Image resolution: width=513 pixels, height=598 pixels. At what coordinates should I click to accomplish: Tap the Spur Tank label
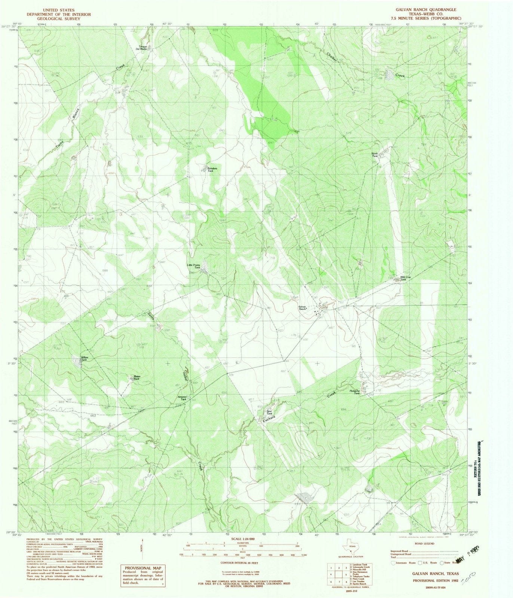(268, 413)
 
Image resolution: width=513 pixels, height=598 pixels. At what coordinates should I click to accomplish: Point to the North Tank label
(375, 155)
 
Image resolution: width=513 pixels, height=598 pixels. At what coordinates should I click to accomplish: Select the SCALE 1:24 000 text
(243, 539)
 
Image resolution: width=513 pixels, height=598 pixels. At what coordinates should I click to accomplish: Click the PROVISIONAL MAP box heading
(141, 557)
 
